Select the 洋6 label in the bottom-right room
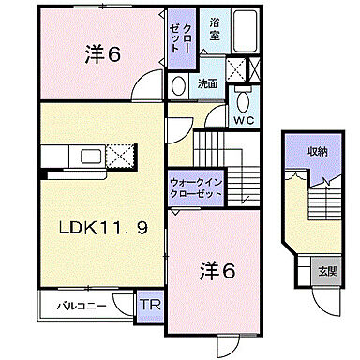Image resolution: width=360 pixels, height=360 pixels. (x=215, y=272)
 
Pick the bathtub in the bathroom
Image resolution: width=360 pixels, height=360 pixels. (x=245, y=35)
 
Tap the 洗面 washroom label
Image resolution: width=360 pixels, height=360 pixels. (x=208, y=82)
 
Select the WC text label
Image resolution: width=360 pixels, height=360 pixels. (x=245, y=121)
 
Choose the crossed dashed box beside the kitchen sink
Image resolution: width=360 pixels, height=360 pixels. (x=120, y=156)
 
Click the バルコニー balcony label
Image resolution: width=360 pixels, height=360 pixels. (x=71, y=306)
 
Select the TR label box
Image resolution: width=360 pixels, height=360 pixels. (x=149, y=304)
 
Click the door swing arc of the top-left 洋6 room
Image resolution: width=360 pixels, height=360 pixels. (x=144, y=92)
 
